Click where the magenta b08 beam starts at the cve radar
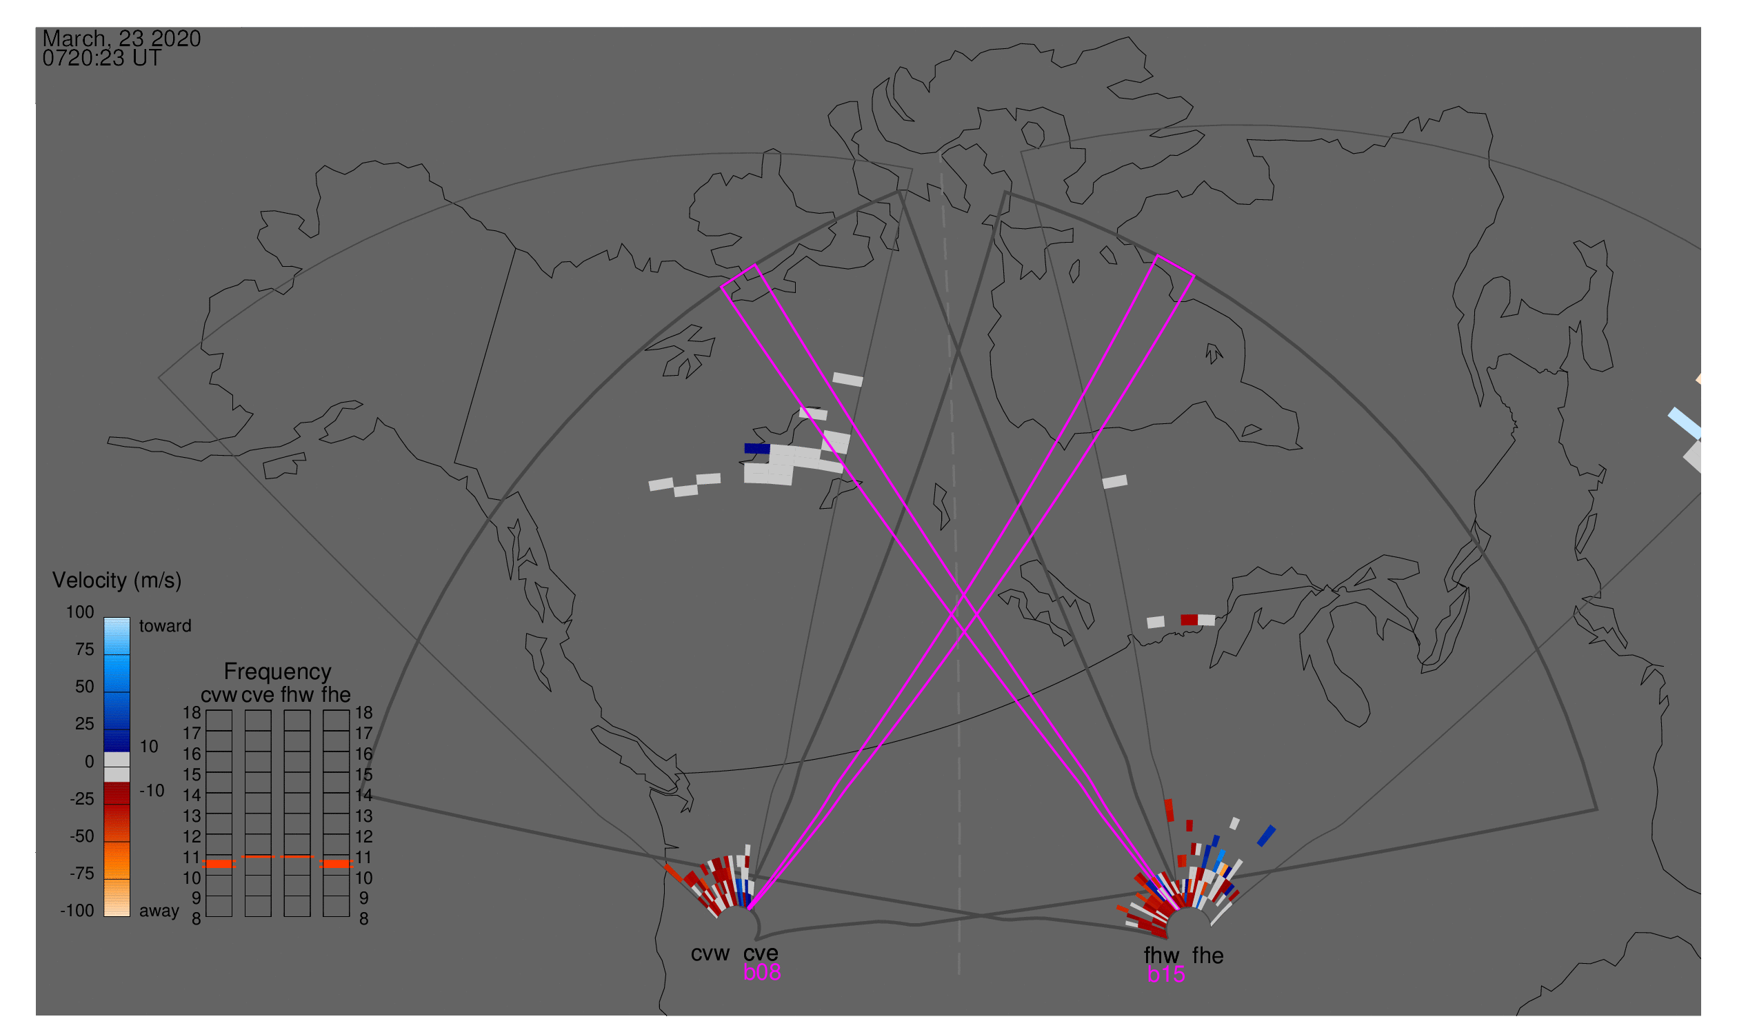749,909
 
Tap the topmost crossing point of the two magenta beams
963,595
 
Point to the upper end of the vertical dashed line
941,156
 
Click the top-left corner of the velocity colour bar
104,618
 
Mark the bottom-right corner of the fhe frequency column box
349,917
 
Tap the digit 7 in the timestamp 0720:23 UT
58,59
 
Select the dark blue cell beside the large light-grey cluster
756,448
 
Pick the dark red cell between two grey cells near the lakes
1189,620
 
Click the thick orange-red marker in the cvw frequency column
219,864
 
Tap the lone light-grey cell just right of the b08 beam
1114,482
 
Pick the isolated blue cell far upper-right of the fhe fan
1266,836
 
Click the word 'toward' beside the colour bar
165,626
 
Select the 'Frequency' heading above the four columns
278,672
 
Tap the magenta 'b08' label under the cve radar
762,972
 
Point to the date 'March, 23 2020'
121,38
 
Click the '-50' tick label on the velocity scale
82,836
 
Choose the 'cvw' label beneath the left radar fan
710,953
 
